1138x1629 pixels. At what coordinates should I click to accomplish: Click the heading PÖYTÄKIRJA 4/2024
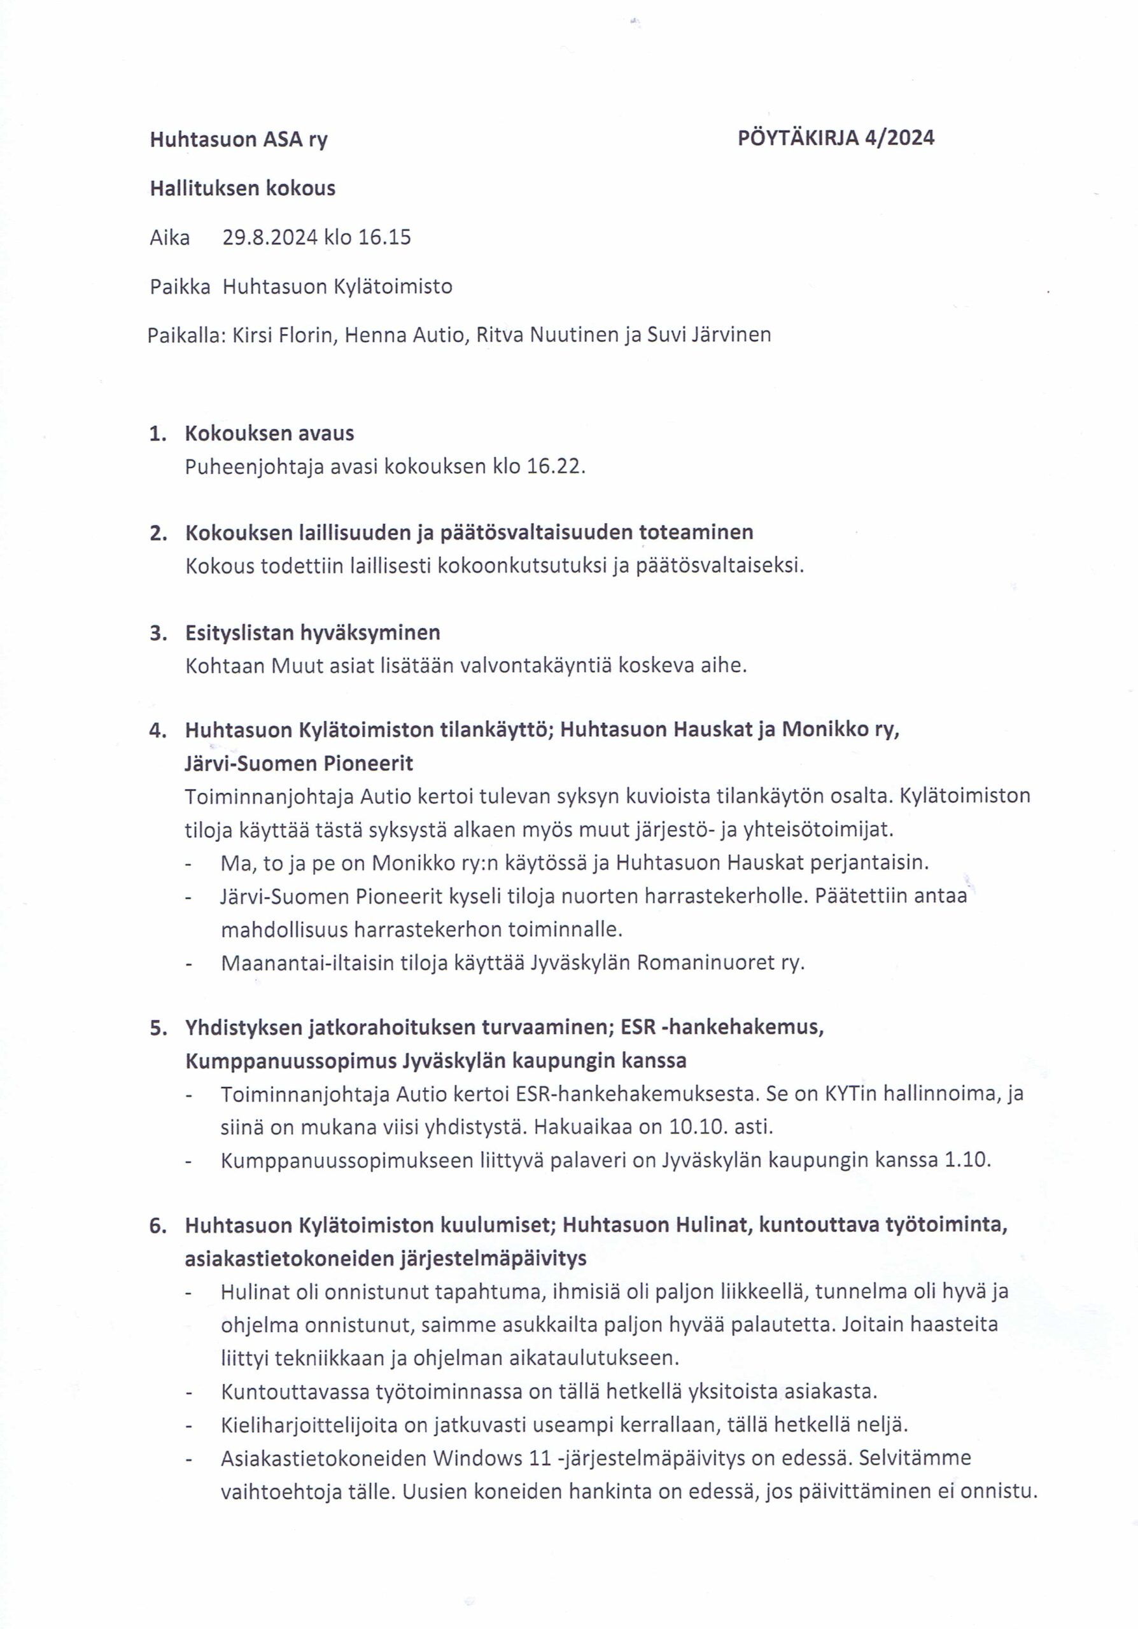tap(836, 137)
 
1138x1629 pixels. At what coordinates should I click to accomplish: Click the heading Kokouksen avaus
tap(270, 433)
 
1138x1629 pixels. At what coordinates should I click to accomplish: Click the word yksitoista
tap(732, 1391)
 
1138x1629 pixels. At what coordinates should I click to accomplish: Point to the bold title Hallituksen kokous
tap(242, 188)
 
